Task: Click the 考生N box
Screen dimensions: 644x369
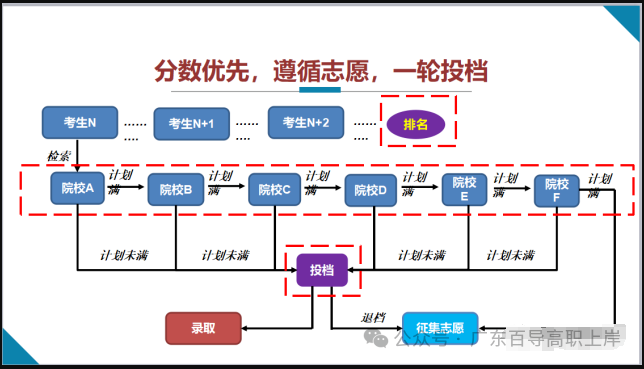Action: [x=80, y=122]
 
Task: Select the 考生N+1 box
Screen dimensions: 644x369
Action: [x=191, y=124]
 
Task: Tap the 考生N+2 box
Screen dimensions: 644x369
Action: [x=306, y=122]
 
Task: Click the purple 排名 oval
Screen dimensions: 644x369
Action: [x=416, y=124]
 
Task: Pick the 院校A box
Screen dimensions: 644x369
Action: [x=77, y=188]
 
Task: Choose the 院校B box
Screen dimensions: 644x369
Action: [x=176, y=189]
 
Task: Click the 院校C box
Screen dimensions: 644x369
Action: [x=274, y=189]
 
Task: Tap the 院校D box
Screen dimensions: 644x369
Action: [x=370, y=190]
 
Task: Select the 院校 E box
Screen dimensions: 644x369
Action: [x=464, y=189]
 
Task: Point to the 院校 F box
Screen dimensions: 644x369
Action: [x=557, y=191]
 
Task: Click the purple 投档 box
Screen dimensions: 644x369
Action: [x=322, y=270]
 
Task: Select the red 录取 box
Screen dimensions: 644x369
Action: [x=203, y=328]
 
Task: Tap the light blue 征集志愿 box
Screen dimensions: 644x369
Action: [x=440, y=328]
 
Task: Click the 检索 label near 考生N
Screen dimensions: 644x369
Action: [x=59, y=156]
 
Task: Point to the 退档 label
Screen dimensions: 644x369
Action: [x=373, y=318]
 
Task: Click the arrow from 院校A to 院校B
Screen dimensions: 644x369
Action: [x=126, y=187]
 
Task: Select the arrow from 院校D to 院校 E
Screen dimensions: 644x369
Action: [x=418, y=187]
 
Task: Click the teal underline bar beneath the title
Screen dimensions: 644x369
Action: [x=320, y=90]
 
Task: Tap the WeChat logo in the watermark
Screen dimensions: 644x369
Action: [x=376, y=339]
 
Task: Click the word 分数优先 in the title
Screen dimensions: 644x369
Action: [x=202, y=71]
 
